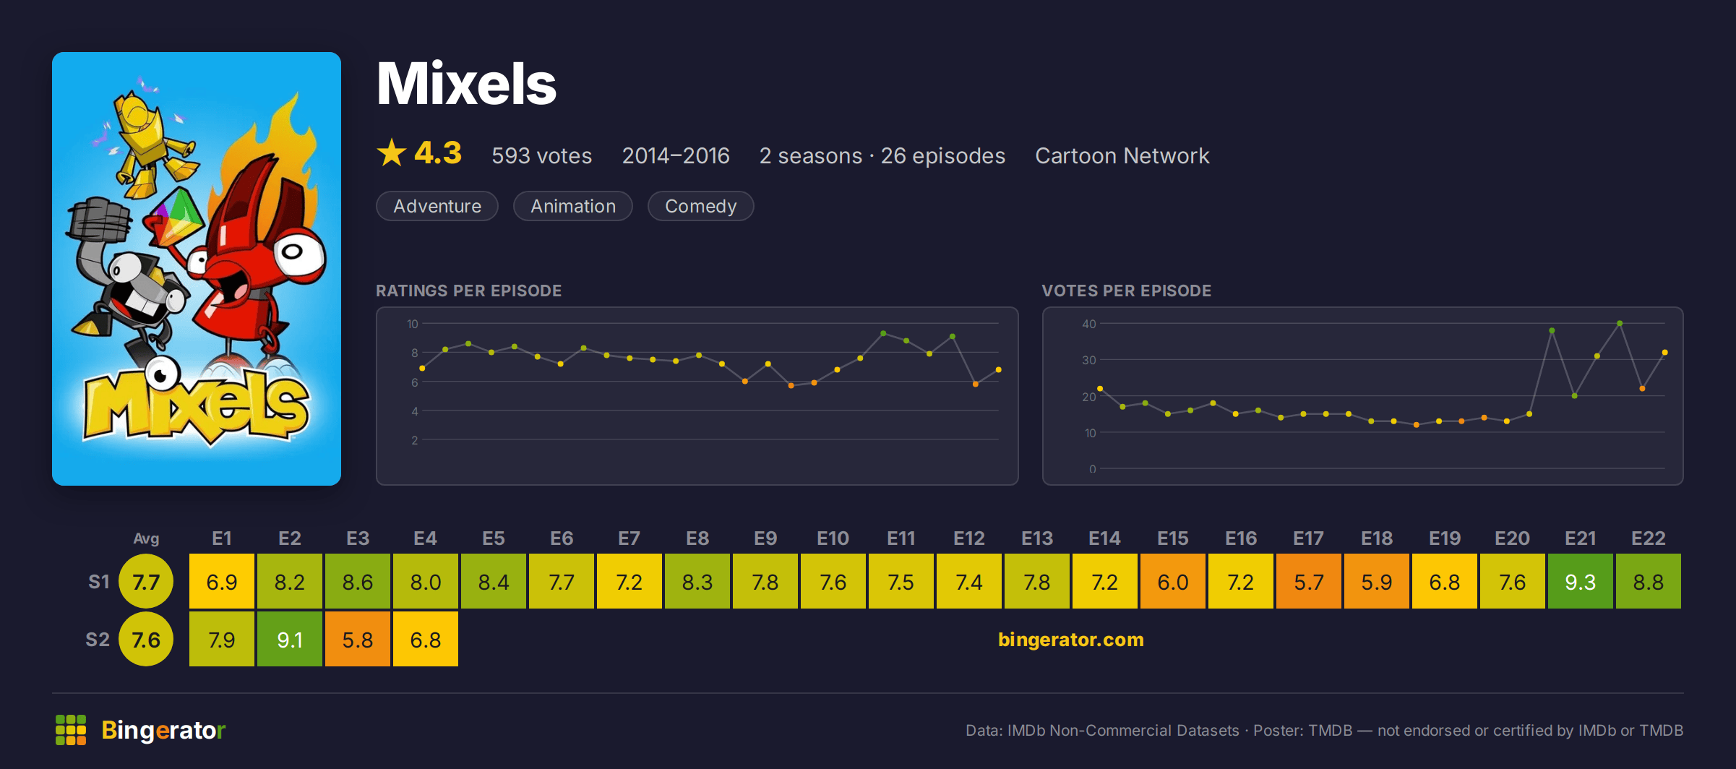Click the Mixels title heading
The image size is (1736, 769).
[x=467, y=84]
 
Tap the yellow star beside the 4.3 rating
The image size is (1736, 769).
[x=392, y=152]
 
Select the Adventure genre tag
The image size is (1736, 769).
[x=437, y=206]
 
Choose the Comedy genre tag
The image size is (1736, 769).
[x=700, y=206]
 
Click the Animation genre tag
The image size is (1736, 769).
[x=573, y=206]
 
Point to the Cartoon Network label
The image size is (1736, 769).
[x=1122, y=155]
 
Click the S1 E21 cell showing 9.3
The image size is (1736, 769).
[x=1581, y=581]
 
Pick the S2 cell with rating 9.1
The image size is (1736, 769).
[x=290, y=639]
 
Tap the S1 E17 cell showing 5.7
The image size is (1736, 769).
[x=1309, y=581]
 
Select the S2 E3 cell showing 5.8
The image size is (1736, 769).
[x=358, y=639]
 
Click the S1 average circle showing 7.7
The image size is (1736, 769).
[x=146, y=581]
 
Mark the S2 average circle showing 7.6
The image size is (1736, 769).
[x=146, y=639]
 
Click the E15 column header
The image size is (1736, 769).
[x=1173, y=538]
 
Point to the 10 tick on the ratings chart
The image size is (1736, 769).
[x=412, y=324]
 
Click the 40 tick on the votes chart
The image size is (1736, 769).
[x=1088, y=324]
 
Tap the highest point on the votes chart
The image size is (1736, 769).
[x=1620, y=324]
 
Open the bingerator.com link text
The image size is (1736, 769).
[x=1070, y=640]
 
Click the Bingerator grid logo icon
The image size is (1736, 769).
[x=71, y=730]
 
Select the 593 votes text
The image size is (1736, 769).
[x=542, y=155]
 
